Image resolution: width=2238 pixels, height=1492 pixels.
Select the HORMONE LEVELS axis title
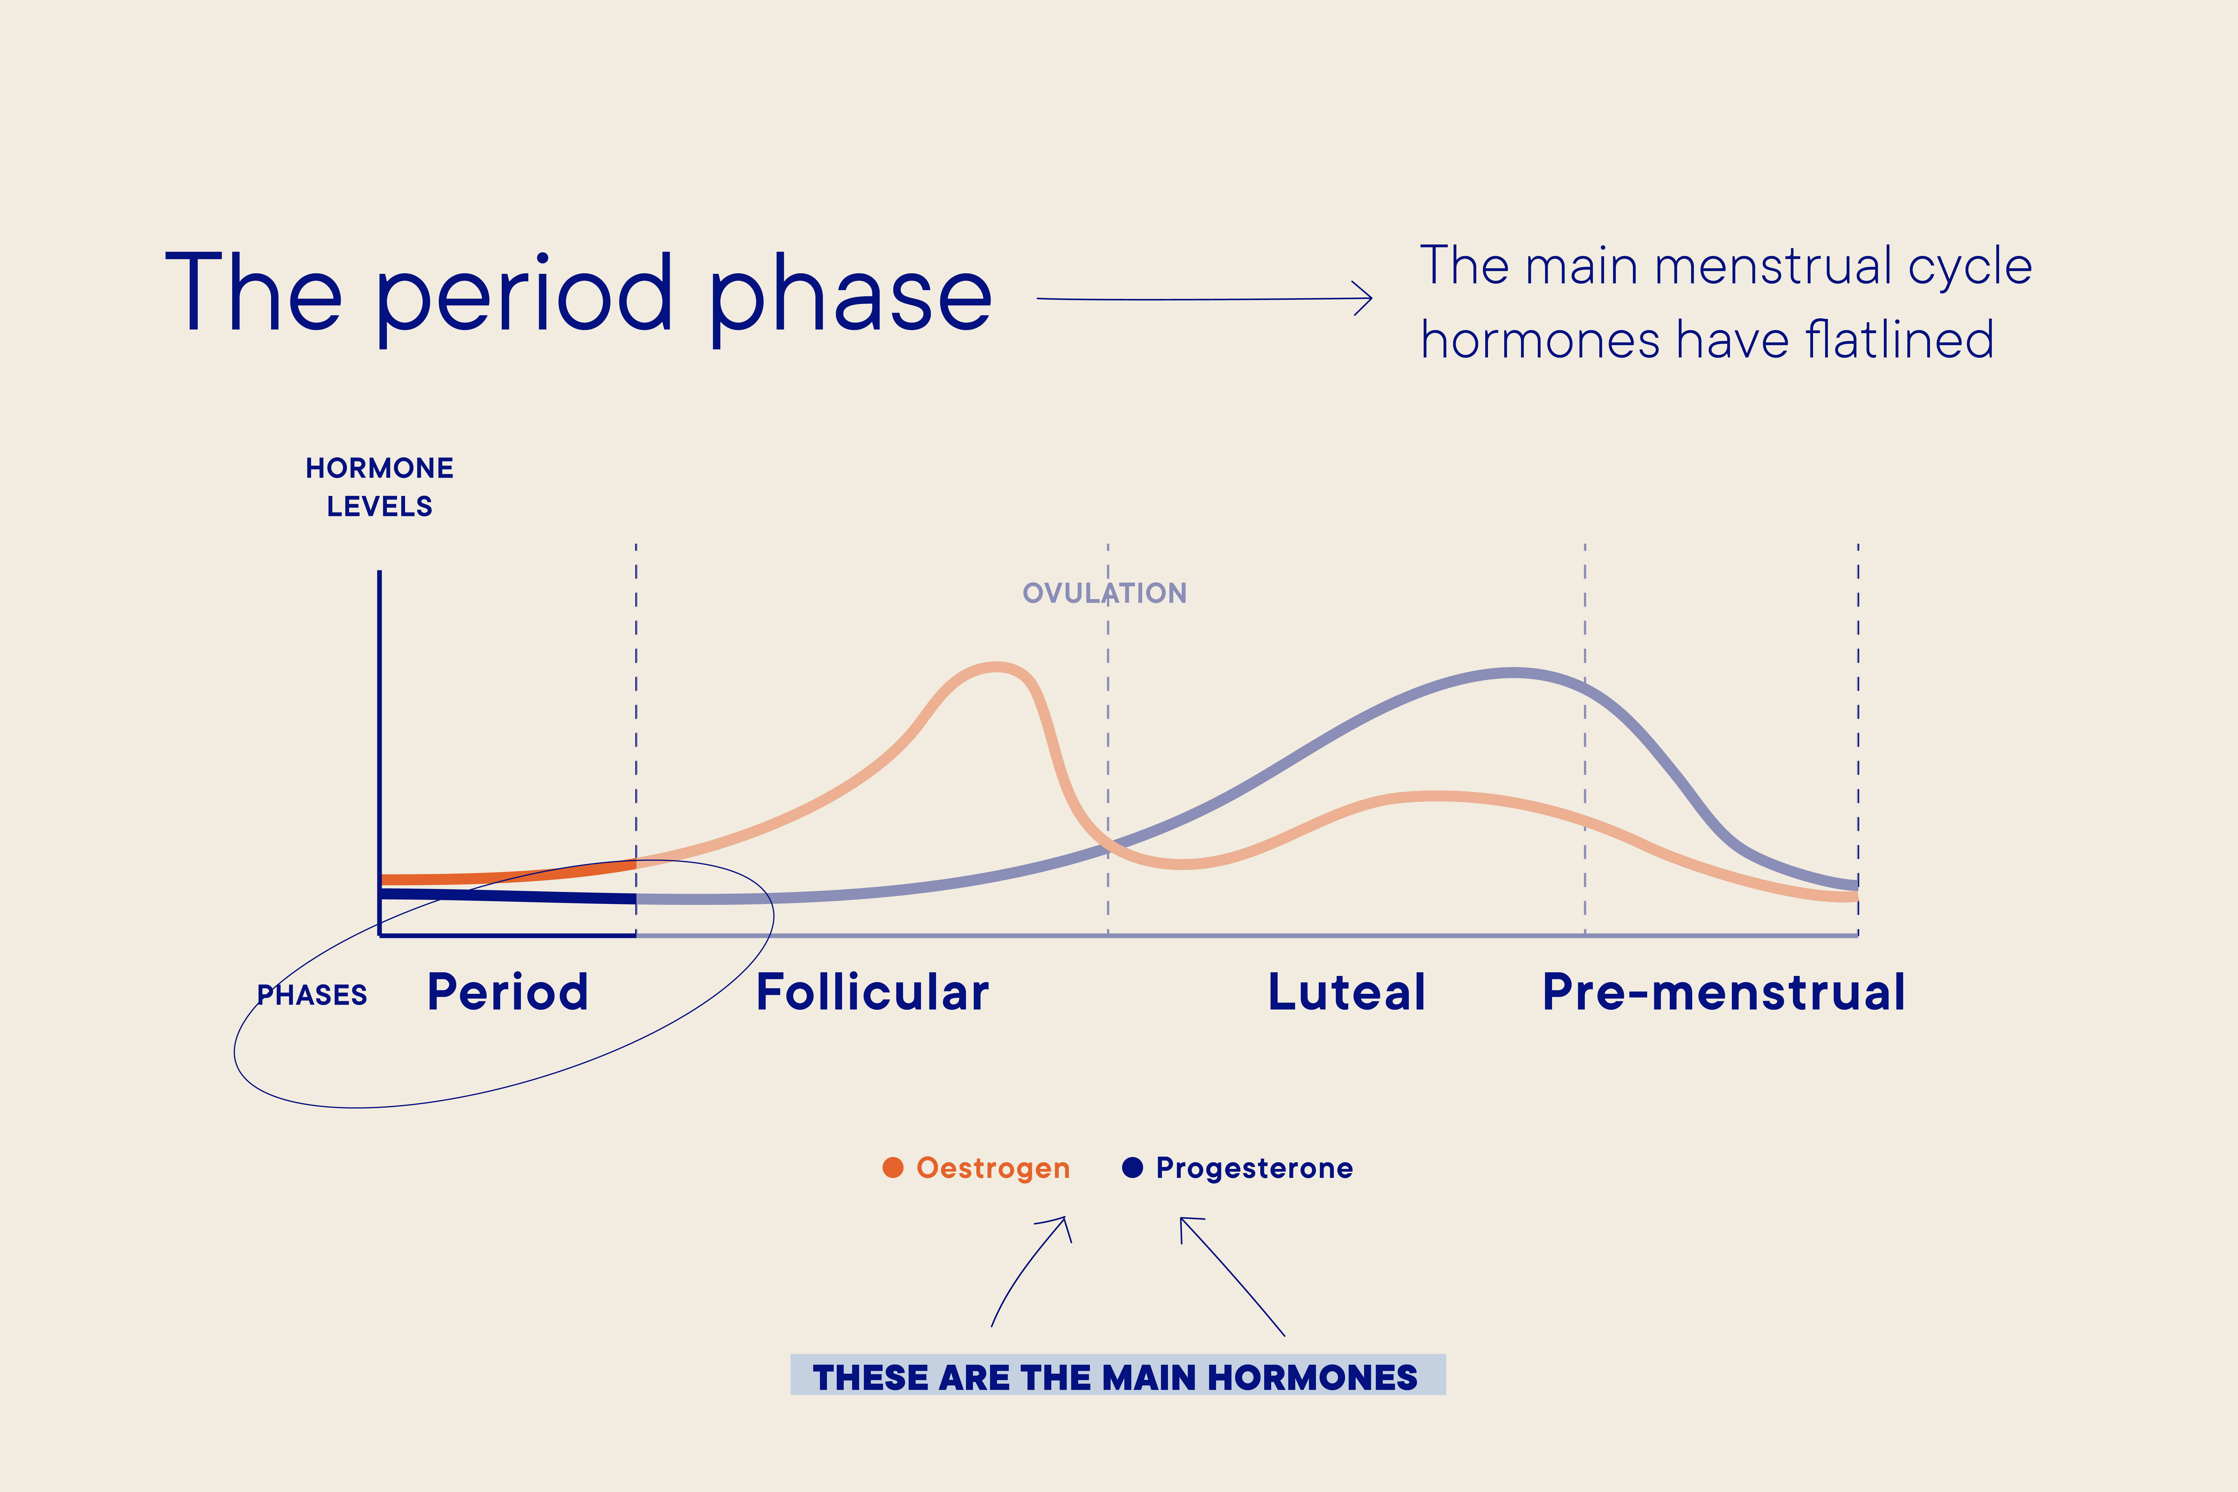coord(380,486)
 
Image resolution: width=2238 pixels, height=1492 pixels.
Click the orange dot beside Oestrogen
coord(892,1168)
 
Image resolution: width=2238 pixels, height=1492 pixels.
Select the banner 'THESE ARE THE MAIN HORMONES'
coord(1117,1376)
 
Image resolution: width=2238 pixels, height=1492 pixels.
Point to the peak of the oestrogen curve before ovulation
coord(995,667)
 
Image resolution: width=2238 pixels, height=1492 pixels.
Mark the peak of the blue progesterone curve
coord(1513,673)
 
